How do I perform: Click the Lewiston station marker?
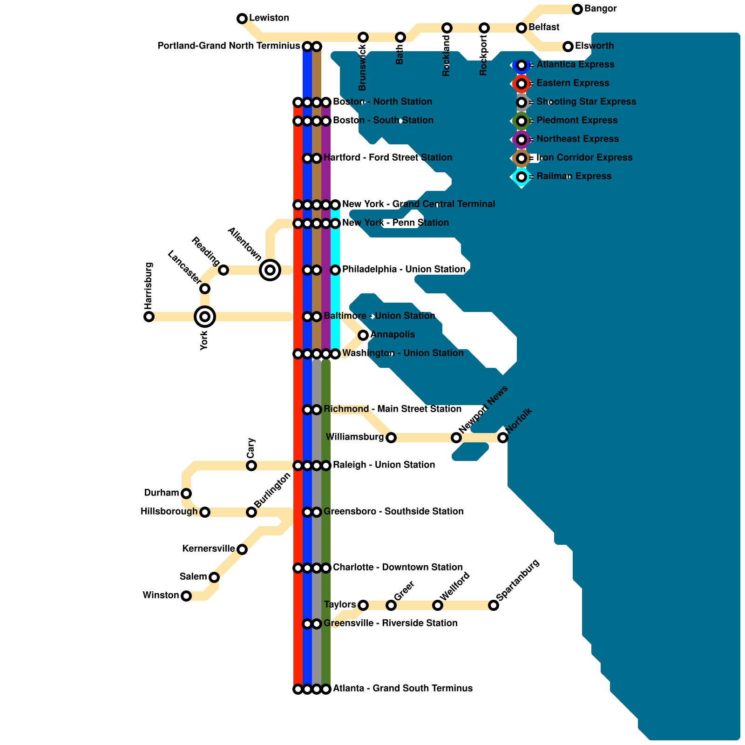[x=242, y=19]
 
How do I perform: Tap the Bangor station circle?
[x=577, y=9]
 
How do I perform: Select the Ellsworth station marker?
[x=568, y=46]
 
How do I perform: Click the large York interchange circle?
[x=205, y=317]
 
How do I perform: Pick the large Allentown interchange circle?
[x=270, y=270]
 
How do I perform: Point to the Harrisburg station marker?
[x=149, y=317]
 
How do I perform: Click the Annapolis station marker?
[x=363, y=335]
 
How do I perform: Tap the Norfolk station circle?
[x=503, y=438]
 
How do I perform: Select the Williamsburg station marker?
[x=391, y=438]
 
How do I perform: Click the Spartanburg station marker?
[x=494, y=605]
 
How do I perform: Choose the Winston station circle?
[x=186, y=596]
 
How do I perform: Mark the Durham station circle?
[x=186, y=494]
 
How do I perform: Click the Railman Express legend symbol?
[x=521, y=177]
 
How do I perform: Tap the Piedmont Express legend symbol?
[x=521, y=121]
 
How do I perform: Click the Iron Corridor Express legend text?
[x=584, y=158]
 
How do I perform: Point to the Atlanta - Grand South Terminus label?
[x=402, y=689]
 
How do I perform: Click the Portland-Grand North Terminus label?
[x=228, y=46]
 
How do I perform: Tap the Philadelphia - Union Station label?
[x=404, y=270]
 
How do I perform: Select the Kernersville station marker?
[x=242, y=549]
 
